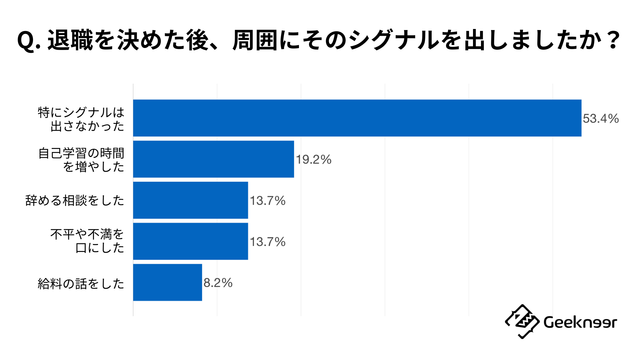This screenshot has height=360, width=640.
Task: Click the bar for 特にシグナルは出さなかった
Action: (x=357, y=118)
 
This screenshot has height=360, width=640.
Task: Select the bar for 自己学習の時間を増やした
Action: (x=213, y=159)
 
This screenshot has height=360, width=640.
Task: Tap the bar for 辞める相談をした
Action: (x=190, y=200)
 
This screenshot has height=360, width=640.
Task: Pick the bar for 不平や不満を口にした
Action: (x=190, y=241)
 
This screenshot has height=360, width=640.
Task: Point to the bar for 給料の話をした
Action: (x=167, y=282)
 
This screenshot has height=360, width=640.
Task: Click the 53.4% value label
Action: (x=600, y=119)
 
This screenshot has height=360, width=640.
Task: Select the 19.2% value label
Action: (x=313, y=160)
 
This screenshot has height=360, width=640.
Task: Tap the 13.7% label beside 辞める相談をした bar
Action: (x=267, y=201)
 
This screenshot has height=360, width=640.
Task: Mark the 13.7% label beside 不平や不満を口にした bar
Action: (x=267, y=242)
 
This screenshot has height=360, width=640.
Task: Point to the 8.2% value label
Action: (x=218, y=283)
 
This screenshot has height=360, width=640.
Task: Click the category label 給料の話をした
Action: (x=81, y=284)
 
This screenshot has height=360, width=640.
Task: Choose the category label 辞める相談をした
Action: (x=75, y=201)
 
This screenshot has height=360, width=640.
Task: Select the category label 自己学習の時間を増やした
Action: (x=81, y=160)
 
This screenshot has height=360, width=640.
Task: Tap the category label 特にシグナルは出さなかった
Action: (x=81, y=119)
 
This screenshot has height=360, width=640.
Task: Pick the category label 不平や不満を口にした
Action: (x=87, y=241)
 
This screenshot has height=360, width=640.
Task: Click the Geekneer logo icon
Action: (x=522, y=322)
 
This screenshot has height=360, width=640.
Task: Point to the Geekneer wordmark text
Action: (x=580, y=322)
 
